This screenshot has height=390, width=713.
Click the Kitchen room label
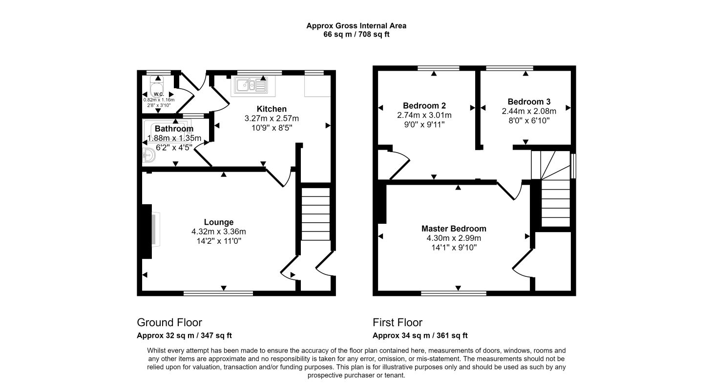(x=272, y=109)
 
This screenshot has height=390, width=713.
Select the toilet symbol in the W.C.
(x=157, y=85)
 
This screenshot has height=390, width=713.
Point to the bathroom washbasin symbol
(x=149, y=156)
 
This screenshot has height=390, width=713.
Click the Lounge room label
(x=219, y=222)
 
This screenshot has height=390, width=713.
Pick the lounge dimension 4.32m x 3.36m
(x=219, y=232)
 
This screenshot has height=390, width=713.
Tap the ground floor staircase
(x=315, y=214)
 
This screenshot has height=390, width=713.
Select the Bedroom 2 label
(x=424, y=105)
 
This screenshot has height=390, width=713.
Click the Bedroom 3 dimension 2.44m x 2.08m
(x=529, y=111)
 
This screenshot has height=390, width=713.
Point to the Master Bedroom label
(x=454, y=229)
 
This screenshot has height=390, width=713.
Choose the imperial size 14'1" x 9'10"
(x=454, y=248)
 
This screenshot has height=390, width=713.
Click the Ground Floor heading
(x=169, y=323)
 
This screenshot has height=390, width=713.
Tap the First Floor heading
(x=398, y=323)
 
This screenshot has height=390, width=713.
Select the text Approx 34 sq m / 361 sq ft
(x=420, y=336)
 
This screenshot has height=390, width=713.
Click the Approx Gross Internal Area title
(x=356, y=26)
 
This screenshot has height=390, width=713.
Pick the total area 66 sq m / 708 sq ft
(x=356, y=34)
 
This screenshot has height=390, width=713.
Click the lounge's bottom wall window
(x=218, y=293)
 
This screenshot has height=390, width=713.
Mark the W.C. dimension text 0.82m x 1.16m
(x=159, y=100)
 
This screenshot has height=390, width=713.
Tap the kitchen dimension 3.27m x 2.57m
(x=272, y=118)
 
